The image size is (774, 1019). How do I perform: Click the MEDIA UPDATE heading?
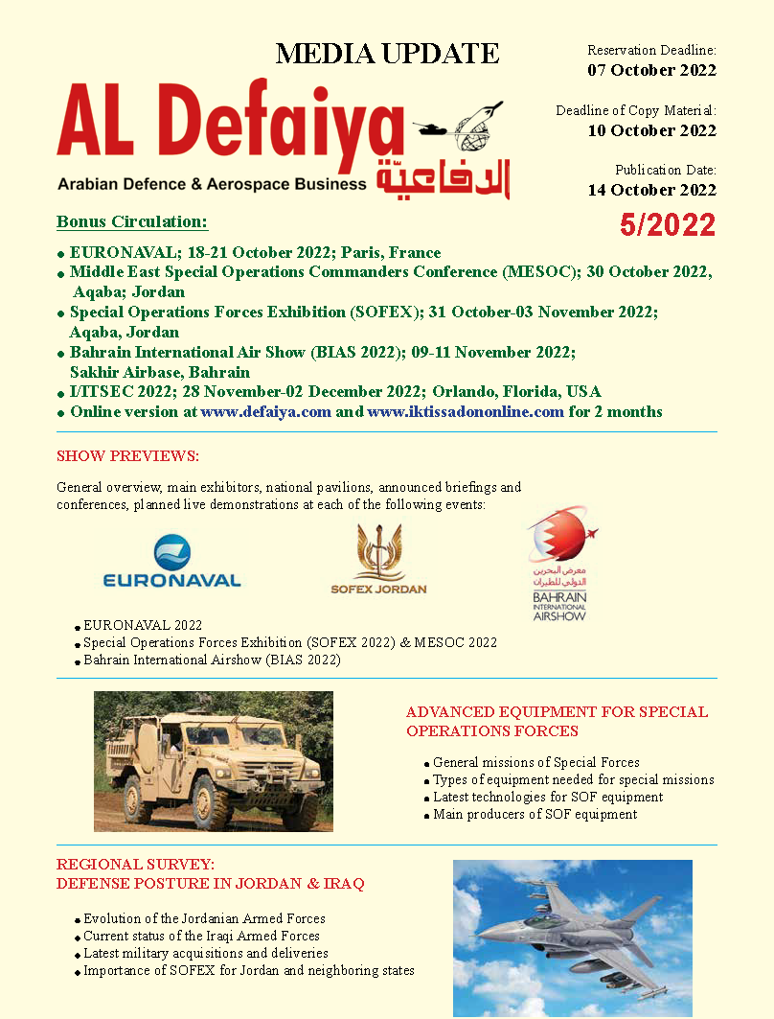click(x=387, y=54)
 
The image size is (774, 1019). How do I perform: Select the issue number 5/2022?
click(x=667, y=225)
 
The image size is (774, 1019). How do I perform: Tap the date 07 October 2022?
click(x=651, y=70)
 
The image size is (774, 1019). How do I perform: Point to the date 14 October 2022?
click(x=651, y=189)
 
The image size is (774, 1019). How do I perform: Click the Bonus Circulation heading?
click(x=132, y=222)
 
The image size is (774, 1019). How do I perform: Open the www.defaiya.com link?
click(x=266, y=412)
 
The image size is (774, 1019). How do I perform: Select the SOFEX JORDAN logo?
click(x=378, y=560)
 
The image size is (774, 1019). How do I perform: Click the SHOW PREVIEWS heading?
click(x=127, y=455)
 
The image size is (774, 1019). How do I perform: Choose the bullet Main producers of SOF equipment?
click(x=535, y=815)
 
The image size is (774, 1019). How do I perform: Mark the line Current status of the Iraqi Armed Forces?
click(x=201, y=936)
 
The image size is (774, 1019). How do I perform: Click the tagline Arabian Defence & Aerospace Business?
click(x=212, y=183)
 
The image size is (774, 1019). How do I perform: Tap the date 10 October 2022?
click(x=651, y=130)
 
